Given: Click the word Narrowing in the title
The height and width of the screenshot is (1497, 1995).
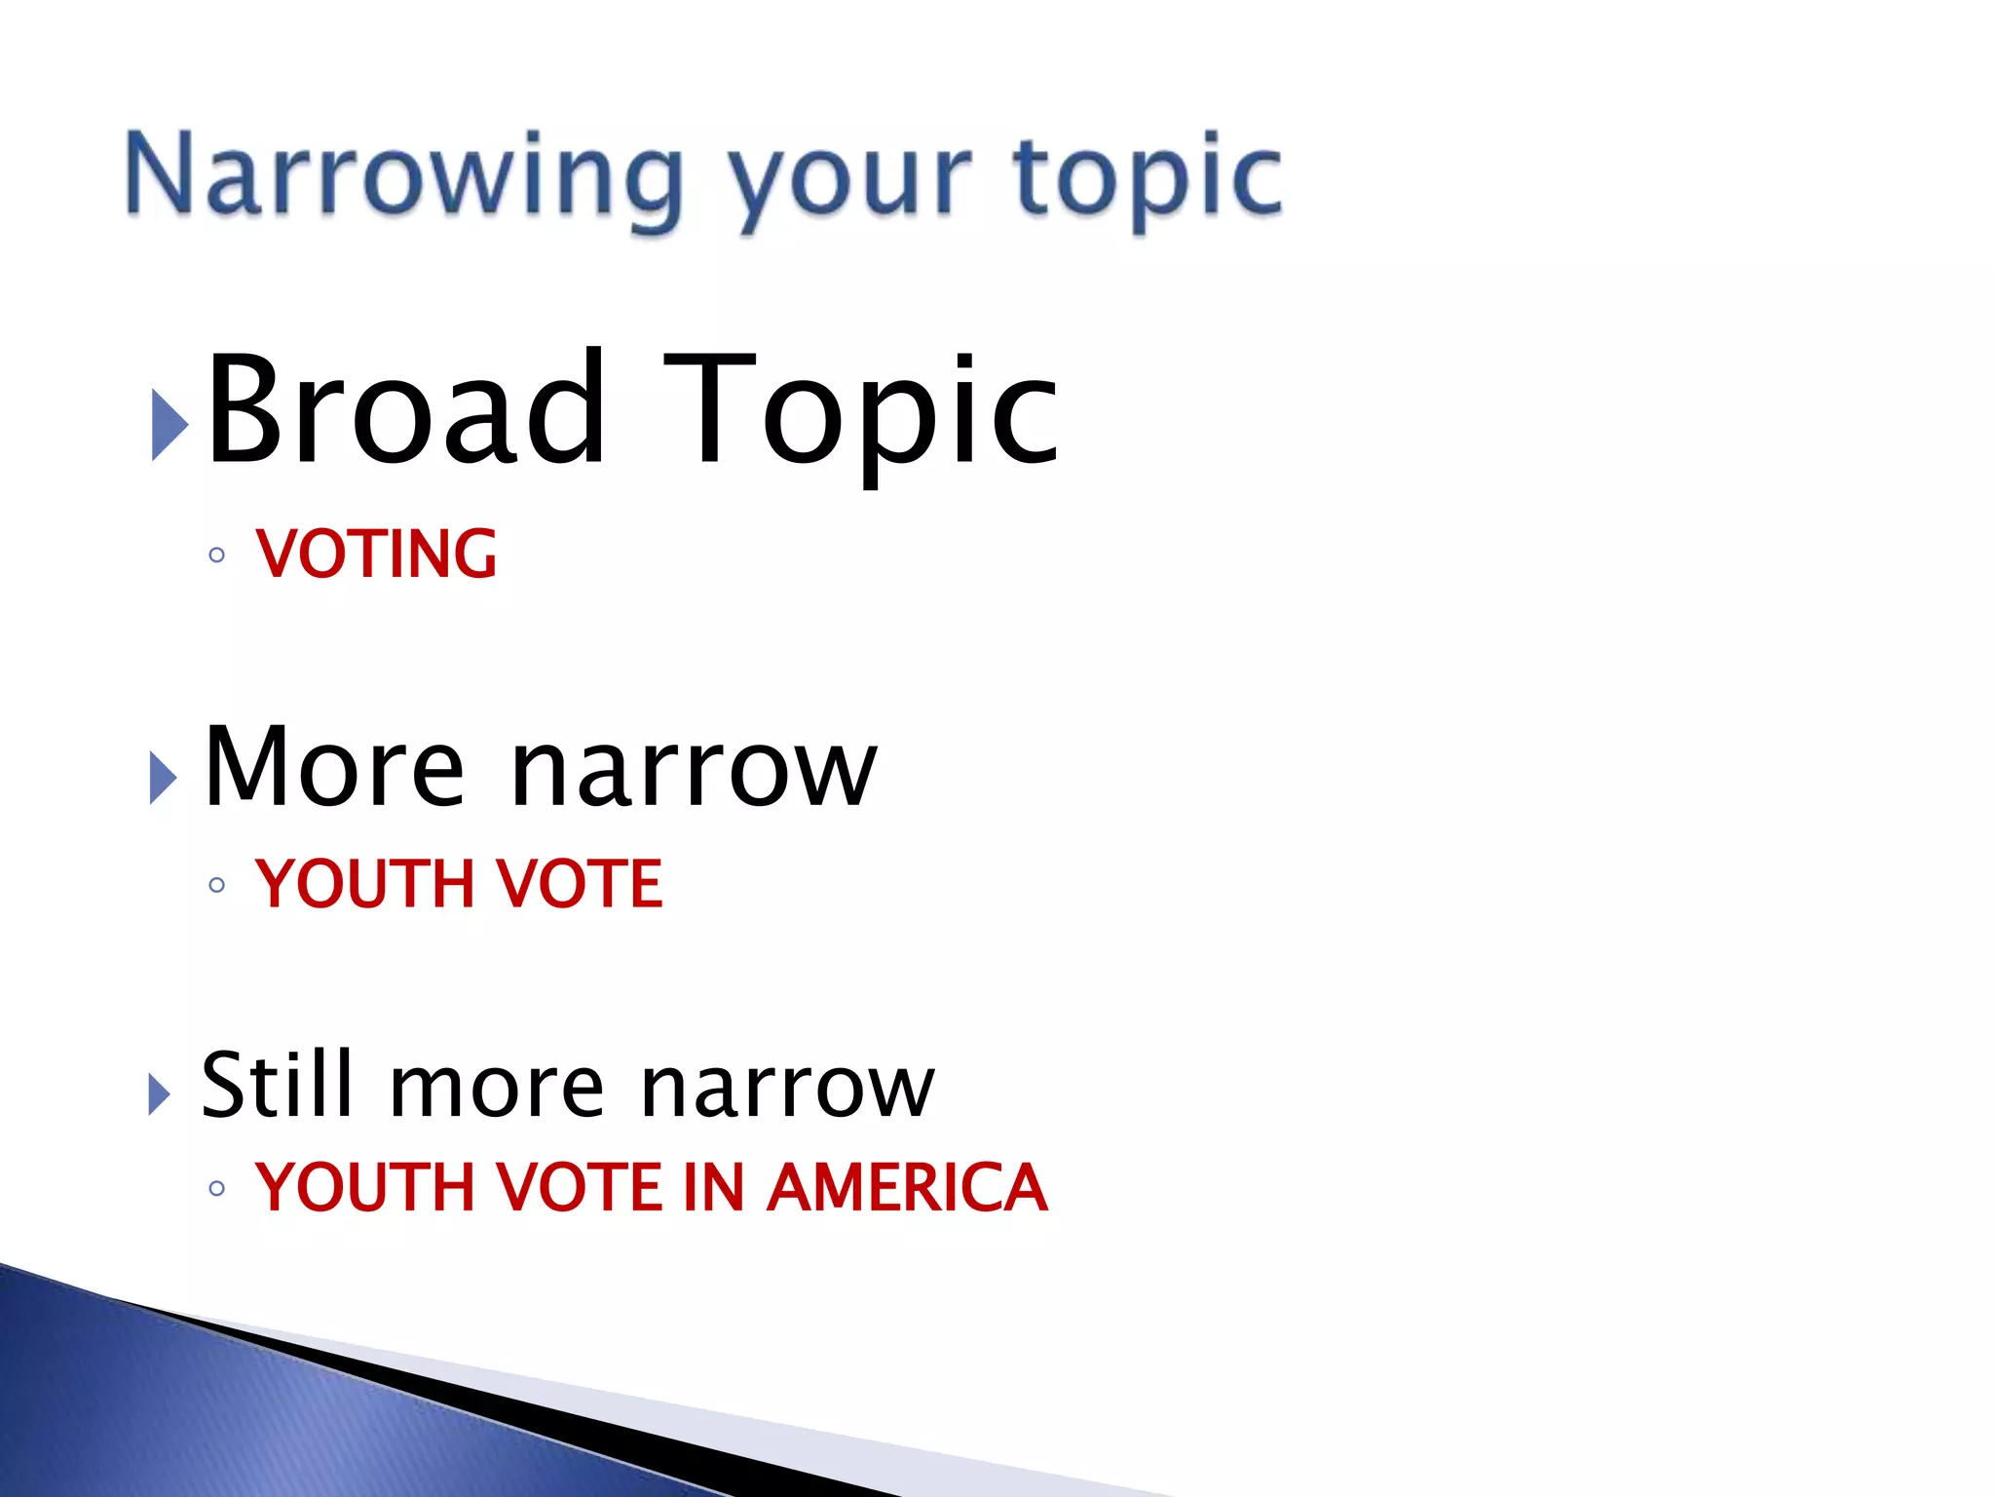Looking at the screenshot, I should click(404, 175).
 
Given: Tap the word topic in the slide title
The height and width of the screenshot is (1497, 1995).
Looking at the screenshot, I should click(1147, 177).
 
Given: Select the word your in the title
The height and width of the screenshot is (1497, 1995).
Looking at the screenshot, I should click(849, 180).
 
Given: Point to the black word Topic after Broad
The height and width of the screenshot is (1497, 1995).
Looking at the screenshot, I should click(861, 414).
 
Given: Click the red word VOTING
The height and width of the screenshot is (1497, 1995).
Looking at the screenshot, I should click(377, 555).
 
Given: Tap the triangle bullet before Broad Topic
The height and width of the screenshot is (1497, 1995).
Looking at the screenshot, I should click(169, 426).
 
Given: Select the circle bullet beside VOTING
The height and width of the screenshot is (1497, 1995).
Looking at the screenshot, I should click(217, 556).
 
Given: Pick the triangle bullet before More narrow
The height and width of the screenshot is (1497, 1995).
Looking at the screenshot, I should click(163, 778).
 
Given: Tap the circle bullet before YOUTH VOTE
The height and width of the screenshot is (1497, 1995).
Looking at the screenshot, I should click(217, 885).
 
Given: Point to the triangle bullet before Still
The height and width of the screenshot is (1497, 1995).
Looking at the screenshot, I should click(160, 1094).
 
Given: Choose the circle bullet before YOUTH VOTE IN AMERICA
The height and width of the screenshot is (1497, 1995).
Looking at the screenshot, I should click(217, 1188).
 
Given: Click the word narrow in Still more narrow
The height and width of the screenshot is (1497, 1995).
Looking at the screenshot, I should click(787, 1090).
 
